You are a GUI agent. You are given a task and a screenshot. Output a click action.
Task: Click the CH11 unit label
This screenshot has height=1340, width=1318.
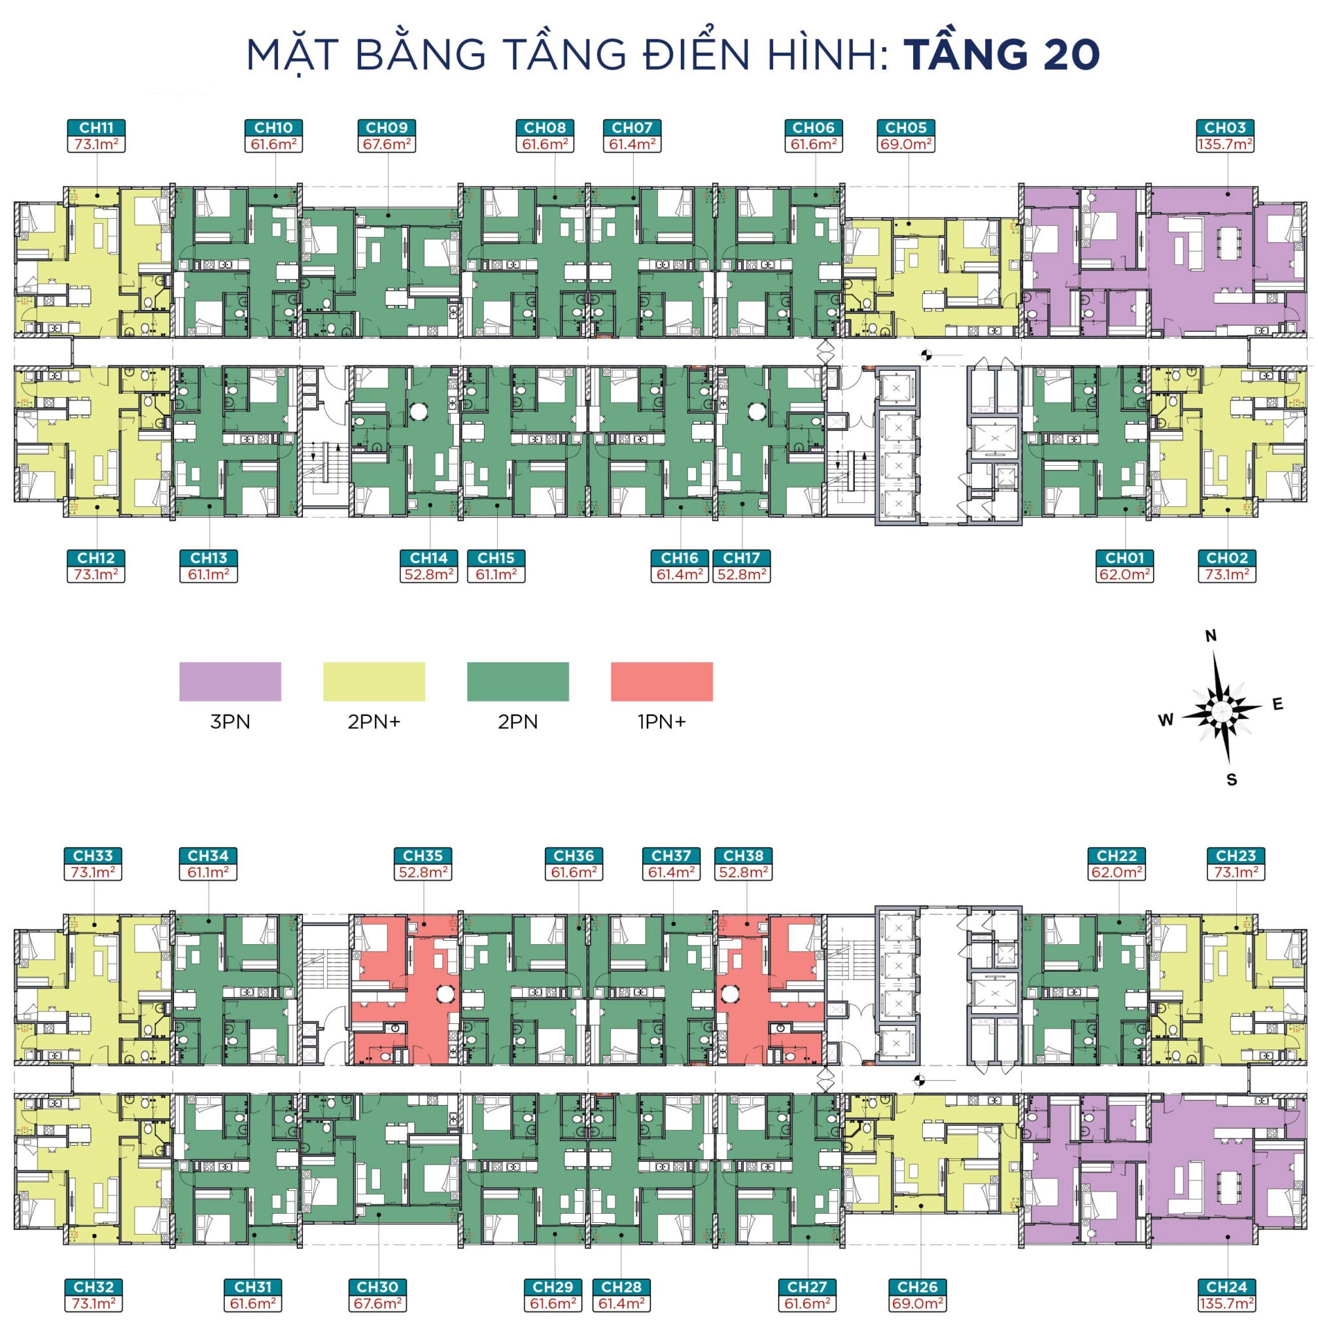click(x=96, y=128)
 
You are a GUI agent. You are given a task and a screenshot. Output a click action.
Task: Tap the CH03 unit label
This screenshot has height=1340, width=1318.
click(x=1224, y=128)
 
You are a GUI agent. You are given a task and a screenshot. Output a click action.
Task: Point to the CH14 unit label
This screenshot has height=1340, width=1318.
click(x=428, y=557)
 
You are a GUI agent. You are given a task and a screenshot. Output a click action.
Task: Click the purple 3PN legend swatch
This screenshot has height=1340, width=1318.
click(x=230, y=681)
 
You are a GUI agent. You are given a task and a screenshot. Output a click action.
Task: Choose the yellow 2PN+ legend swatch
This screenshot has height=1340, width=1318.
click(x=373, y=681)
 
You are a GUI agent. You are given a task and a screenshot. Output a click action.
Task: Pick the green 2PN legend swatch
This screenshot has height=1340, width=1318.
click(x=518, y=681)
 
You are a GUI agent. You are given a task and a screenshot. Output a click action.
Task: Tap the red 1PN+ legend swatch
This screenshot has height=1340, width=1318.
click(x=662, y=681)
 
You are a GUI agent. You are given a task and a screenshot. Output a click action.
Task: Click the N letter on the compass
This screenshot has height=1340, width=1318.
click(x=1211, y=637)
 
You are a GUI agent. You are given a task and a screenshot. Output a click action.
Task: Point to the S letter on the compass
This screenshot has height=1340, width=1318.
click(x=1232, y=780)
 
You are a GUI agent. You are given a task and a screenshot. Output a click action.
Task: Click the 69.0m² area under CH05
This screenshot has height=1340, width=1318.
click(x=905, y=144)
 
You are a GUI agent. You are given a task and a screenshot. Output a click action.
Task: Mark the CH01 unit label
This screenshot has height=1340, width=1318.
click(x=1124, y=557)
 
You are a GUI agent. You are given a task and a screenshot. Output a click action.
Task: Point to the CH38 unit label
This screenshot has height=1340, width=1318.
click(x=744, y=856)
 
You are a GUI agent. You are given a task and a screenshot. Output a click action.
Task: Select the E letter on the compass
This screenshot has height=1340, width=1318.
click(x=1278, y=705)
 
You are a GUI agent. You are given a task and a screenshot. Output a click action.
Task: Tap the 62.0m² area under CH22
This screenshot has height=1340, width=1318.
click(x=1116, y=873)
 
